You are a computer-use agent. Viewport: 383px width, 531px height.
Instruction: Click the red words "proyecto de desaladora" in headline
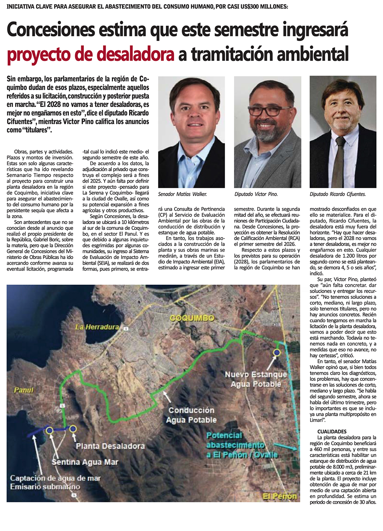90,54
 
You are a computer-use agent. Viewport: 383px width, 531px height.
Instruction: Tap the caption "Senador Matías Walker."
182,194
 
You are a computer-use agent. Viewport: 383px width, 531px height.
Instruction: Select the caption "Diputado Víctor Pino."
256,194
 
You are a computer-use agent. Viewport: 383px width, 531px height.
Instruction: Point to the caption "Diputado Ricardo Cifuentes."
337,194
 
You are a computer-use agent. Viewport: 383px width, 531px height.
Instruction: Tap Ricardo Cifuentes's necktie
339,161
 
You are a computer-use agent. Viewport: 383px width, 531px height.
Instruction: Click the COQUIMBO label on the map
192,318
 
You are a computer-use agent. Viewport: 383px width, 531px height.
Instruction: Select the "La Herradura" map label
97,327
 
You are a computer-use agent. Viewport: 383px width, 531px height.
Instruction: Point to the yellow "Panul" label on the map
24,390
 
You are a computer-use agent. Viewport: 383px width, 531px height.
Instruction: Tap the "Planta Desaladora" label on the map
110,446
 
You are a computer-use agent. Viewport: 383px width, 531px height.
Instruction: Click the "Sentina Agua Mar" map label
85,462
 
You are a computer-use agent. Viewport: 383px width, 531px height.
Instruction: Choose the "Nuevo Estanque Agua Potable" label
256,379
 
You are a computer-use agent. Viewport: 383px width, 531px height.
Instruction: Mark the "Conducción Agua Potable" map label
191,415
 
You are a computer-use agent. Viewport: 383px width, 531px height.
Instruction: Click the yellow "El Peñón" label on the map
280,497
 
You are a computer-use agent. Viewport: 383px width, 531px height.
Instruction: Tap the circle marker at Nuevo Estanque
277,352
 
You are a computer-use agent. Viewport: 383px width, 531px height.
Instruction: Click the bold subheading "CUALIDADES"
332,431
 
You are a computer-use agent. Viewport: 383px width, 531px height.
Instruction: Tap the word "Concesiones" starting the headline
50,30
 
